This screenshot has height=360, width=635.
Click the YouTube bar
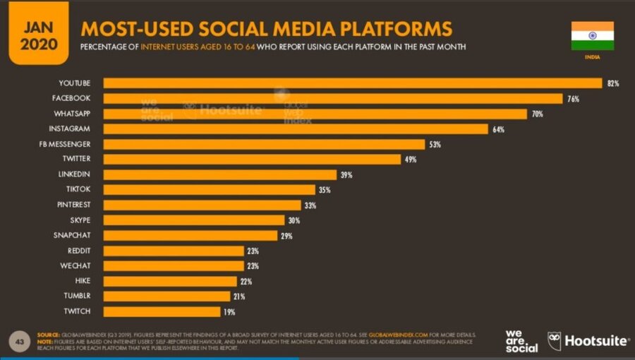coord(353,83)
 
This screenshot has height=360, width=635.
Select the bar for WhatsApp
coord(315,114)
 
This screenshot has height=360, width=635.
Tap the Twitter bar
coord(253,160)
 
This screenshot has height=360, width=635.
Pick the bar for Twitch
coord(162,311)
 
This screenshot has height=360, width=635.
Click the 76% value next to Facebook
coord(573,99)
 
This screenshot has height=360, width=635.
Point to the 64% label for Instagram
coord(499,129)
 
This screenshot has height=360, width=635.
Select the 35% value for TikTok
coord(325,190)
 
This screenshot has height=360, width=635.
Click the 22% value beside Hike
coord(246,281)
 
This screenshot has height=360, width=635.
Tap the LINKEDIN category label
coord(75,174)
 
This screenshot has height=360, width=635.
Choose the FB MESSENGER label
coord(69,144)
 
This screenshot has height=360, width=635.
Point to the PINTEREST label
coord(73,205)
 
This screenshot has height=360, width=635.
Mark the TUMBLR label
coord(78,296)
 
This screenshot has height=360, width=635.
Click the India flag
coord(592,35)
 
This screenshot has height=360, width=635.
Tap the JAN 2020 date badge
coord(39,32)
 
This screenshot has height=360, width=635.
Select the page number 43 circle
coord(19,341)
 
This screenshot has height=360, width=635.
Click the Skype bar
coord(194,220)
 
